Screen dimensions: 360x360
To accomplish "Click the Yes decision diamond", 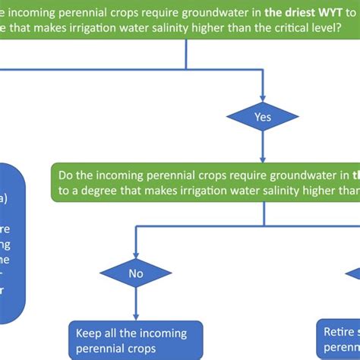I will pos(263,118).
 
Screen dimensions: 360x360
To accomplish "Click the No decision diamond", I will pos(136,273).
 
